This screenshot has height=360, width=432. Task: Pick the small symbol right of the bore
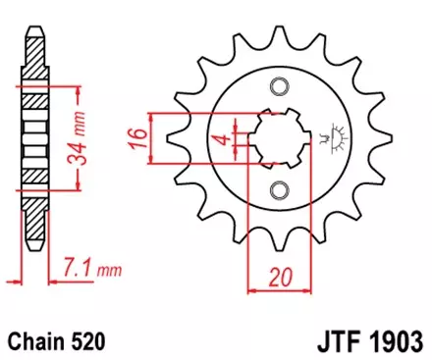point(337,136)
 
